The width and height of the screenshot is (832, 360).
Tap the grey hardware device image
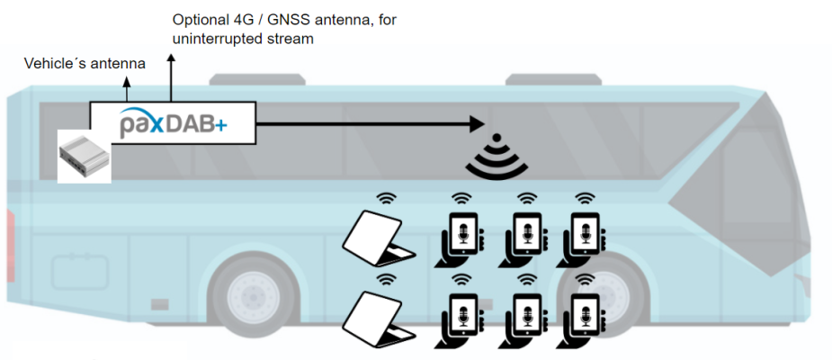(x=84, y=154)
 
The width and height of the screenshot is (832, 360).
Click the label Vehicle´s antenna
(x=85, y=64)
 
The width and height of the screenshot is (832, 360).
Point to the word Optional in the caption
(x=200, y=19)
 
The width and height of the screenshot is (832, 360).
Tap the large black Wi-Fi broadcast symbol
(x=494, y=157)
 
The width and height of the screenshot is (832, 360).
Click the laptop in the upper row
(x=378, y=236)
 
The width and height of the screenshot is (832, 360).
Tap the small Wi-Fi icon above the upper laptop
(x=387, y=199)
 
